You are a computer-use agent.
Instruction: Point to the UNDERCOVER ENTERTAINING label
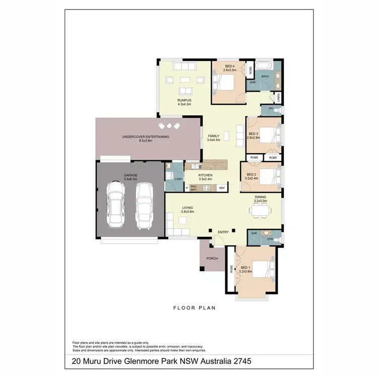point(145,139)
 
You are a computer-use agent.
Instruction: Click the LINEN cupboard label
point(278,97)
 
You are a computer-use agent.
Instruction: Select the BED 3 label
point(254,135)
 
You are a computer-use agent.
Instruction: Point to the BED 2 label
point(251,176)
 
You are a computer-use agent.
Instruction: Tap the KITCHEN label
point(205,176)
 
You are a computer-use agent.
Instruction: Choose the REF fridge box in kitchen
point(222,188)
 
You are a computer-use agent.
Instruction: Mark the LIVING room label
point(187,209)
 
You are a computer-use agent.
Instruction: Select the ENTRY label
point(223,232)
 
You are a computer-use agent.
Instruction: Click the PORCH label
point(212,259)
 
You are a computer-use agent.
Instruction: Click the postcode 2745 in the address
point(240,361)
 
